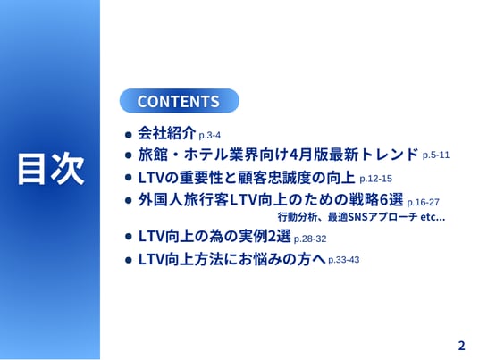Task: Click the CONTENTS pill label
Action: (179, 101)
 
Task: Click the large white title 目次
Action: (51, 169)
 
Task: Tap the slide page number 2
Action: (462, 346)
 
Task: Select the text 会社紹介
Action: (167, 133)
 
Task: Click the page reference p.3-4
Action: (209, 135)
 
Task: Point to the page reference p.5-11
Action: (436, 155)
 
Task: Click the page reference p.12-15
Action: (375, 179)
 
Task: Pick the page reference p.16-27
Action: (423, 202)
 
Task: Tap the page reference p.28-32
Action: (310, 239)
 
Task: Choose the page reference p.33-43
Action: (344, 260)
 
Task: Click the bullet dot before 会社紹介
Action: (129, 135)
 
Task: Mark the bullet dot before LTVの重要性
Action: (129, 178)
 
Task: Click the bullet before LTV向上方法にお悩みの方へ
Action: (129, 260)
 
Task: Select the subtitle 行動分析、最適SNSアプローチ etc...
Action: (361, 217)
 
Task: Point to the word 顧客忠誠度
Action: (275, 178)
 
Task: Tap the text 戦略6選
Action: (375, 200)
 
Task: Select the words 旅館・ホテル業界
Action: (189, 155)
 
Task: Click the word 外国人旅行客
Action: (183, 200)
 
